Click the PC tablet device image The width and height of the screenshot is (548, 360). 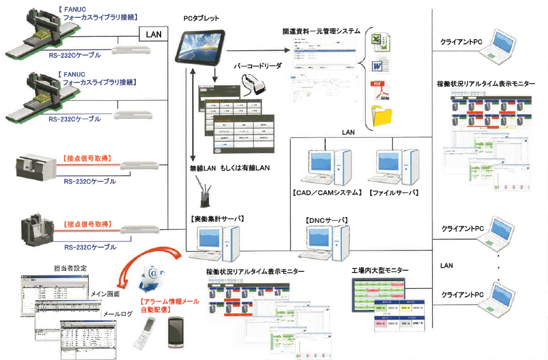pyautogui.click(x=201, y=47)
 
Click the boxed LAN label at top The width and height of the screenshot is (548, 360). pyautogui.click(x=154, y=35)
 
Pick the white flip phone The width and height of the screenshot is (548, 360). pyautogui.click(x=144, y=334)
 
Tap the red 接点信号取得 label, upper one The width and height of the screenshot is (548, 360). pyautogui.click(x=86, y=158)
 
